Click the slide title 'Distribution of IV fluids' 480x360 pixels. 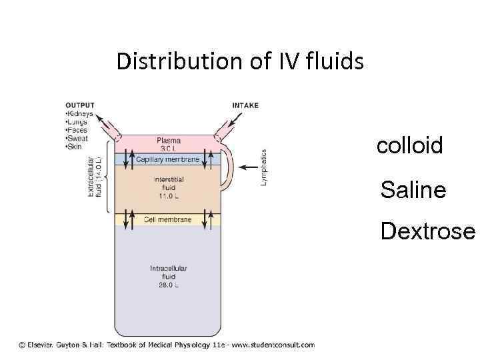[240, 61]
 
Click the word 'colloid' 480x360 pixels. [409, 146]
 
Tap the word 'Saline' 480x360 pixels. [413, 190]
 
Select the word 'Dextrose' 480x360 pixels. [427, 231]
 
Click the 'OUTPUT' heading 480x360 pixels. [79, 105]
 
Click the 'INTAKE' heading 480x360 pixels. [245, 105]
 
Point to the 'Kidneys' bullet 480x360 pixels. [79, 114]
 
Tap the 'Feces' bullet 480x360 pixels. [77, 131]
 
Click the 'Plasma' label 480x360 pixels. [169, 141]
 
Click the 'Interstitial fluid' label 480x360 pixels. [169, 184]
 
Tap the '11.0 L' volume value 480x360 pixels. [169, 197]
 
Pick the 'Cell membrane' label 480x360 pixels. [168, 219]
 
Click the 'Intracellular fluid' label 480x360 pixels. [169, 272]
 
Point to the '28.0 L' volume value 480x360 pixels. [169, 285]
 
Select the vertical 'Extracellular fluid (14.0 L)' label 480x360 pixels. [94, 176]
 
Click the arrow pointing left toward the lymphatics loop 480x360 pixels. [249, 167]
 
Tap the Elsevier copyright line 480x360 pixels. [167, 345]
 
